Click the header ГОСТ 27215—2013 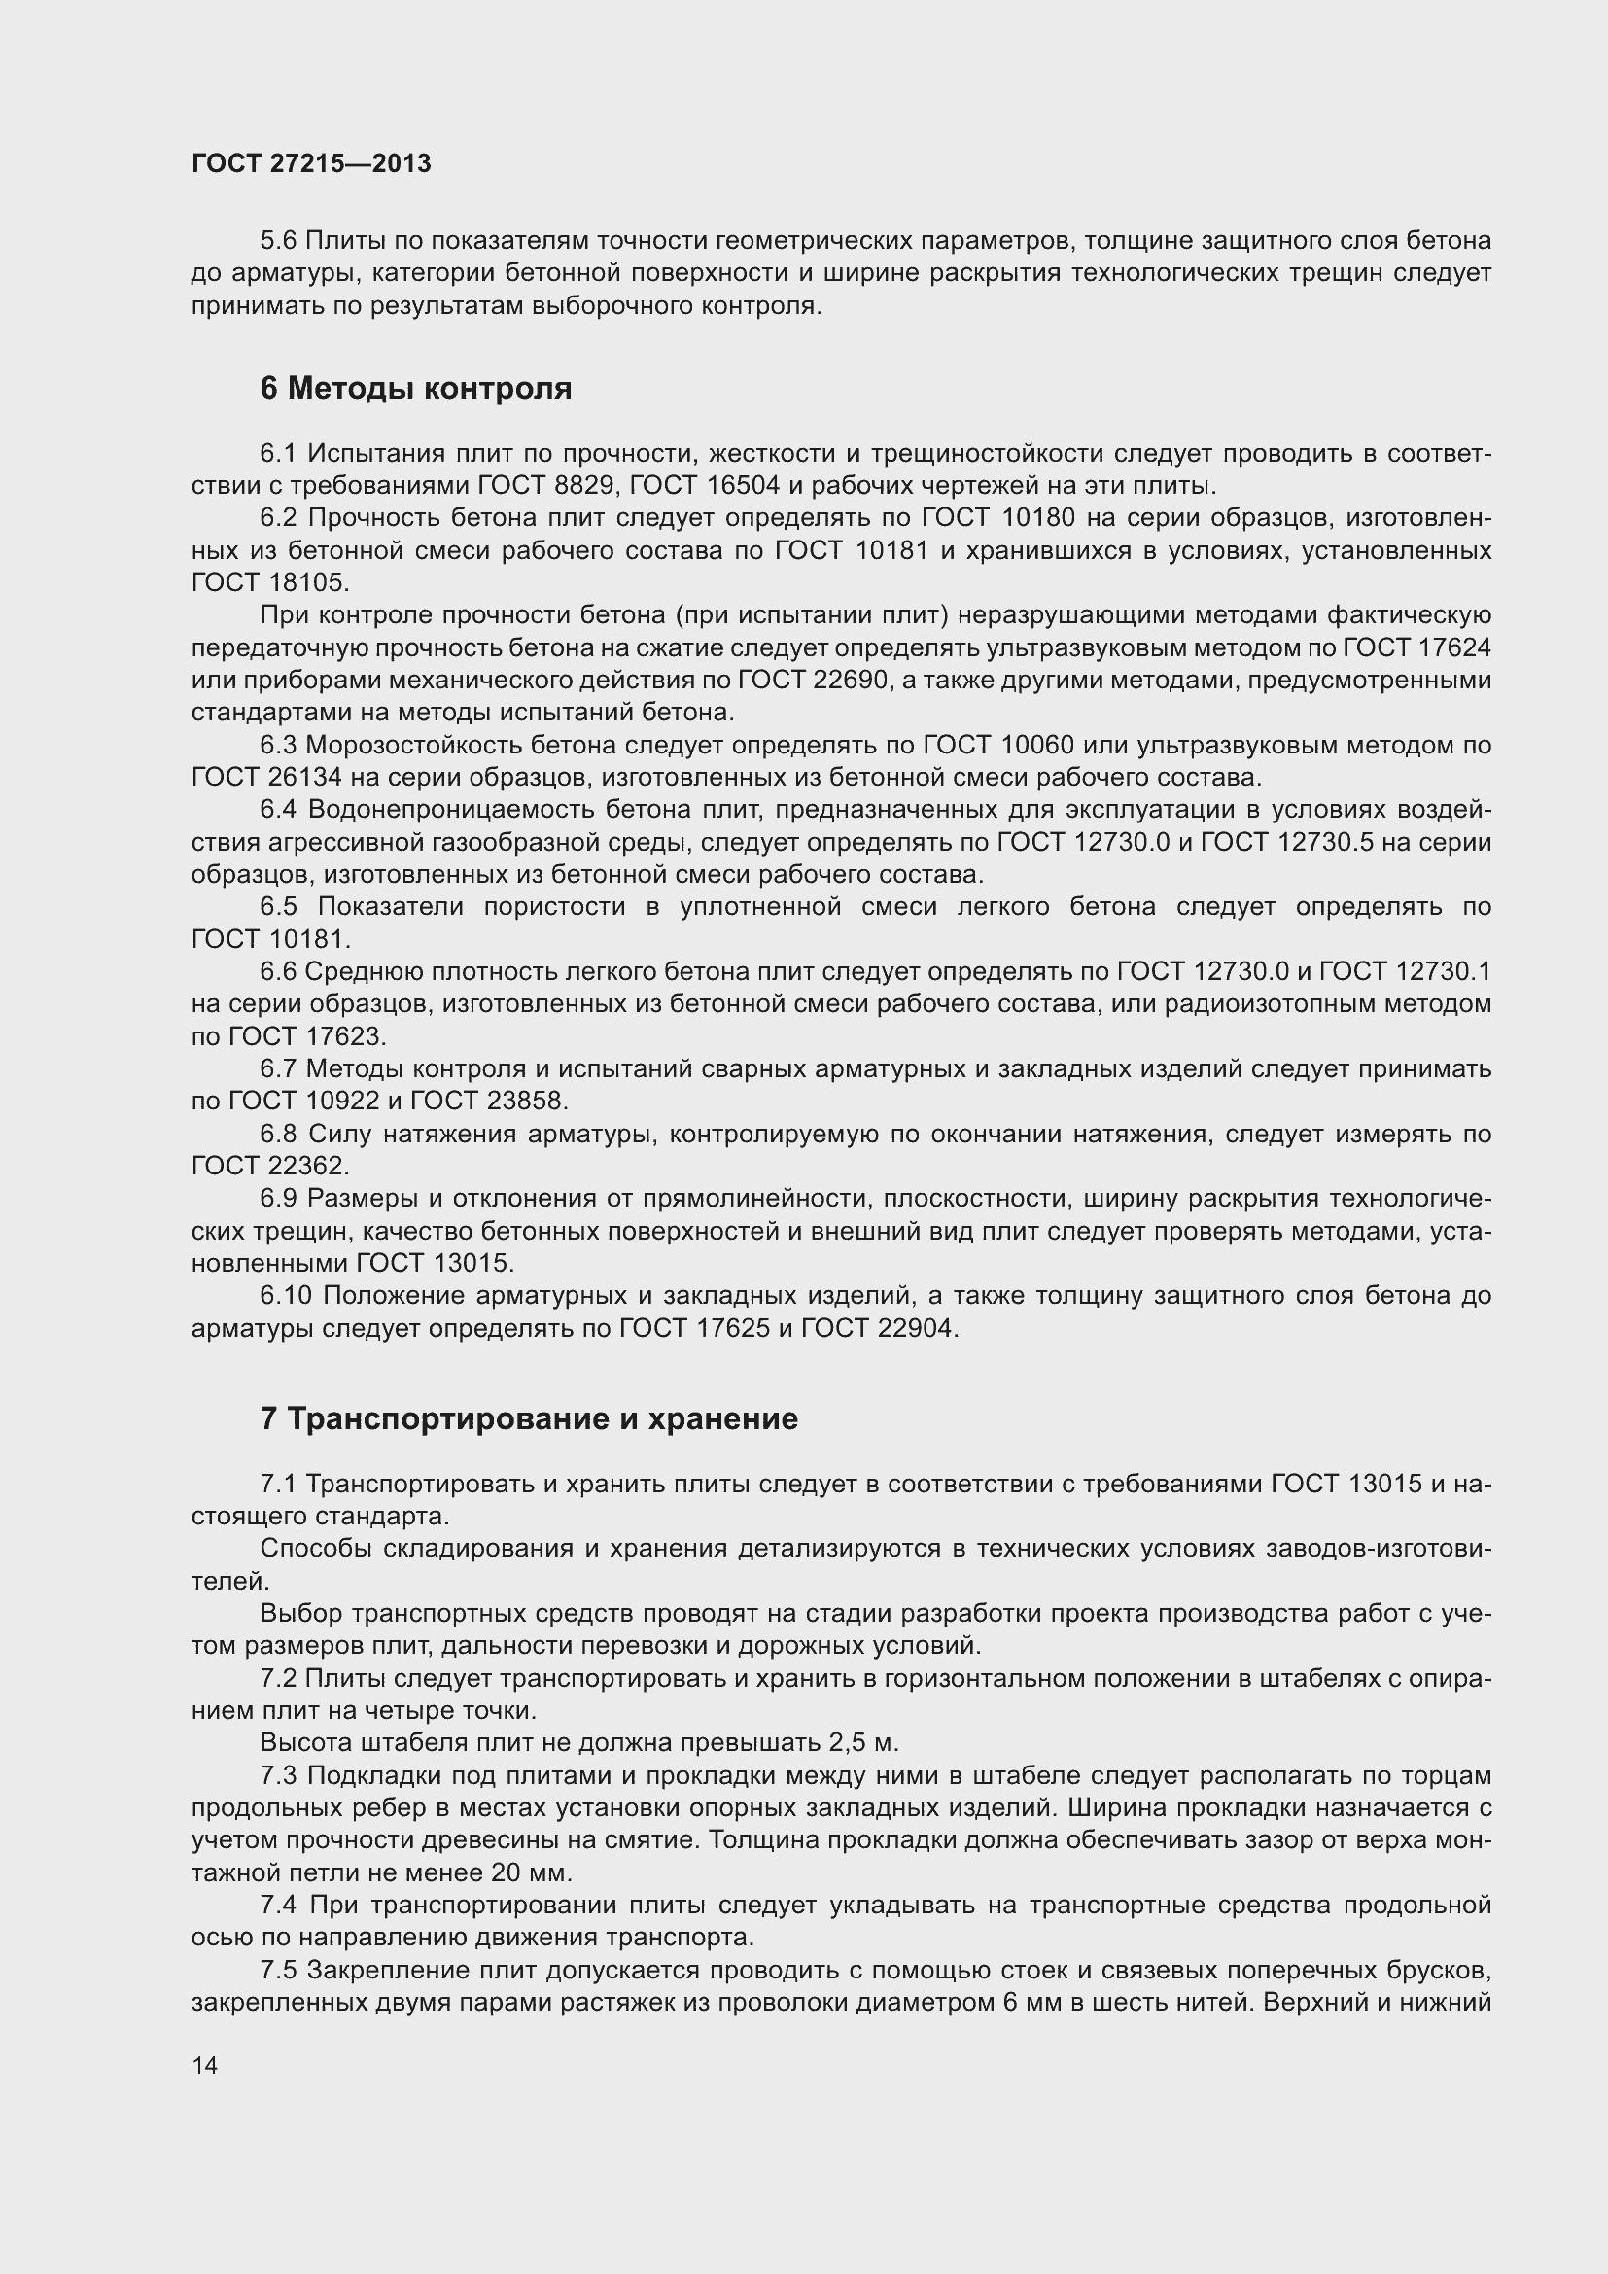point(311,164)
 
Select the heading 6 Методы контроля point(416,388)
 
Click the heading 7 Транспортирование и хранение point(529,1419)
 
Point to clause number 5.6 point(278,241)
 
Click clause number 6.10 point(285,1295)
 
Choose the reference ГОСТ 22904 point(877,1328)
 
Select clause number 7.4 point(278,1905)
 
